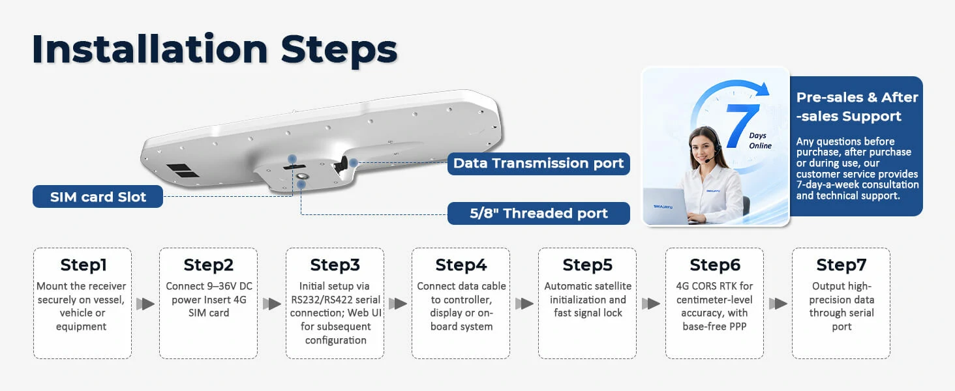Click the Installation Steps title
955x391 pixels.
point(215,50)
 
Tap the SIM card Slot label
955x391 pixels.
point(98,197)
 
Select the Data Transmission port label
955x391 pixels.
point(538,164)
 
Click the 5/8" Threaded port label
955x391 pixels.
point(538,213)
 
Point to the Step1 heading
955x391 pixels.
point(83,265)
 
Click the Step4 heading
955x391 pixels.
point(461,265)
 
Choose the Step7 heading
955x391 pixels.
point(841,265)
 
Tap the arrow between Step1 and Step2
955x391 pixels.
point(145,304)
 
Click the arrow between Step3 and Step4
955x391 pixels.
point(398,304)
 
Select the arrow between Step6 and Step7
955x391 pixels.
point(778,304)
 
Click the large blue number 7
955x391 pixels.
point(741,126)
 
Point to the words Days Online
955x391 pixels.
point(760,141)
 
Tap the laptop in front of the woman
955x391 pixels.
point(666,207)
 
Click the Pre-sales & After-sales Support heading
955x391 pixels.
point(857,106)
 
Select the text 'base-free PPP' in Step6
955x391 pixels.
point(714,326)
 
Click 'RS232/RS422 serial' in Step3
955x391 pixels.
point(335,300)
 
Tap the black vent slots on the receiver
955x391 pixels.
point(182,170)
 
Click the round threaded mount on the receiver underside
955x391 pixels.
point(302,176)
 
